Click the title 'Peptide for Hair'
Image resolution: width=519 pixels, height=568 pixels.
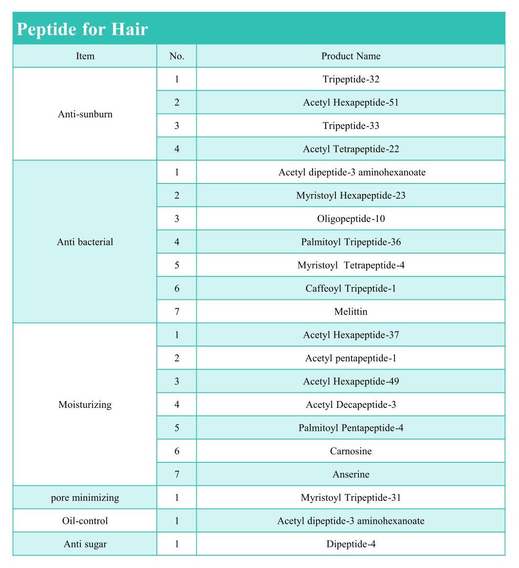click(82, 29)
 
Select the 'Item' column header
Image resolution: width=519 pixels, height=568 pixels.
click(85, 56)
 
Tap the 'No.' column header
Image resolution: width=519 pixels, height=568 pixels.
click(177, 56)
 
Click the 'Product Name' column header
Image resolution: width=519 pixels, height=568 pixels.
click(351, 56)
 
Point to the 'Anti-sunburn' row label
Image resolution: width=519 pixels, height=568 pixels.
click(85, 114)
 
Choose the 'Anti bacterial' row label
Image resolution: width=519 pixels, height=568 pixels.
click(85, 242)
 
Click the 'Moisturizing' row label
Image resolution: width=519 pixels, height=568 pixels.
click(85, 404)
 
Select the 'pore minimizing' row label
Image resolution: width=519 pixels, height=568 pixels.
click(85, 497)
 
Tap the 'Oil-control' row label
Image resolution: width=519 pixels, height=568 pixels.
click(85, 521)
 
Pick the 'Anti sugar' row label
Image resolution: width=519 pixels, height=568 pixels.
click(85, 544)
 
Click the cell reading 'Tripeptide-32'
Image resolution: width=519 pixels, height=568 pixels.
click(351, 79)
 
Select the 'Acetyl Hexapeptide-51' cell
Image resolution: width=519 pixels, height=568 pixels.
click(351, 103)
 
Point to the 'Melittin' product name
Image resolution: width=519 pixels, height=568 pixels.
click(351, 311)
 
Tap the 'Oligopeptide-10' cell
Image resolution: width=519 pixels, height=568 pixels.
click(351, 219)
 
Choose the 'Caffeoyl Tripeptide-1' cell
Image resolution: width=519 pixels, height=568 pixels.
click(351, 289)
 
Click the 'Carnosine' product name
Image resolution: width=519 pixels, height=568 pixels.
click(351, 451)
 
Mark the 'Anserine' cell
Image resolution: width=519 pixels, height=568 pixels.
click(351, 475)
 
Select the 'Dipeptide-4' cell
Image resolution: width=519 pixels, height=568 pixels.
click(351, 544)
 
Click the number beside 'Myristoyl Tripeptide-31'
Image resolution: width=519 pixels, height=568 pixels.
click(177, 497)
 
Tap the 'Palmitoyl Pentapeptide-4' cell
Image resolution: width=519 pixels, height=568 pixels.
click(351, 428)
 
